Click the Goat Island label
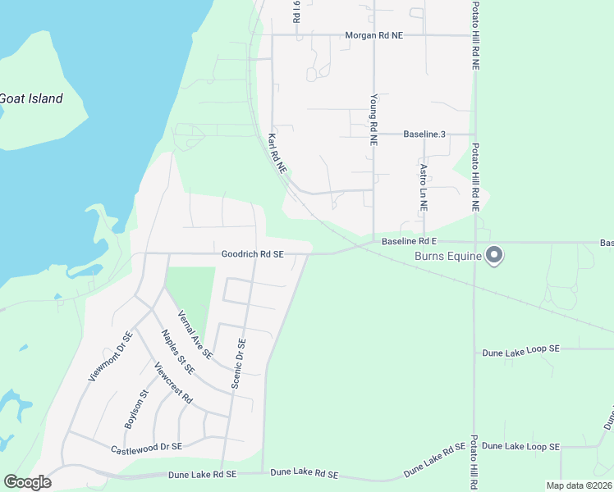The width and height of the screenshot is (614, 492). [x=31, y=98]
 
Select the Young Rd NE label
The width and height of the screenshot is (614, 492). [x=373, y=119]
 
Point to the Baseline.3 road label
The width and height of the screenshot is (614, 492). [x=424, y=134]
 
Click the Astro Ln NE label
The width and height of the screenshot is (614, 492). [x=424, y=189]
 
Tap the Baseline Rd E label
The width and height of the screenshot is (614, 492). [x=410, y=242]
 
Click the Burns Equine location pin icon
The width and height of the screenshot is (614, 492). [x=494, y=256]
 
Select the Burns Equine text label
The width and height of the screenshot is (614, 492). [x=448, y=257]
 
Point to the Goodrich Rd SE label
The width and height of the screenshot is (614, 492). [x=252, y=254]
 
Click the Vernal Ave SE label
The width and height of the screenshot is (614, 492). [x=195, y=335]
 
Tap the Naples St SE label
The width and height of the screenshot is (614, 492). [x=178, y=351]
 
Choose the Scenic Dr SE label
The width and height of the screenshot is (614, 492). [x=239, y=363]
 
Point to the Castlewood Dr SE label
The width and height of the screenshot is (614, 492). [x=147, y=448]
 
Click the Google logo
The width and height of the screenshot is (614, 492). [x=27, y=482]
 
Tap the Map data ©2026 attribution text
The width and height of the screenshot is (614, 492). [x=579, y=485]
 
